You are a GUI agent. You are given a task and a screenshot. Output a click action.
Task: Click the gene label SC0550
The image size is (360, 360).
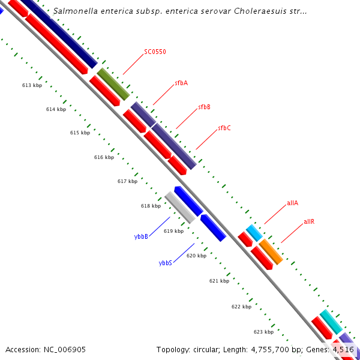pyautogui.click(x=155, y=52)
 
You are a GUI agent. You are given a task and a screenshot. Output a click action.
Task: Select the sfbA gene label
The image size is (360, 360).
pyautogui.click(x=181, y=83)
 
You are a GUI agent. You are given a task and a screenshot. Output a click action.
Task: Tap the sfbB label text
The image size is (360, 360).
pyautogui.click(x=204, y=107)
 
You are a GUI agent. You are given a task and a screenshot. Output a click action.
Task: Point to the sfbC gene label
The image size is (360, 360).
pyautogui.click(x=224, y=128)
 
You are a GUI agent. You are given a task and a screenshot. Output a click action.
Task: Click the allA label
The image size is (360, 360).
pyautogui.click(x=292, y=203)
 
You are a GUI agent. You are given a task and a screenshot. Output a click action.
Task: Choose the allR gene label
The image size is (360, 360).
pyautogui.click(x=309, y=221)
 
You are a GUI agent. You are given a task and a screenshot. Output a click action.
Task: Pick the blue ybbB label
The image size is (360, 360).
pyautogui.click(x=141, y=236)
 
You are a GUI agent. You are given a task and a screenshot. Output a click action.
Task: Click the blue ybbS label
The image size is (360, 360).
pyautogui.click(x=166, y=263)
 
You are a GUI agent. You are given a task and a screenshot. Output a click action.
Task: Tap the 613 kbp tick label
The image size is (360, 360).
pyautogui.click(x=32, y=85)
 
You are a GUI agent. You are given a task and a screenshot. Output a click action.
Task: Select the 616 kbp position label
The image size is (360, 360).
pyautogui.click(x=104, y=157)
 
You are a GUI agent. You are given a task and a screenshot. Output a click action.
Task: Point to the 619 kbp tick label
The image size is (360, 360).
pyautogui.click(x=173, y=231)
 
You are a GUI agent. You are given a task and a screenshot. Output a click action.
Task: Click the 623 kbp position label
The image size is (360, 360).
pyautogui.click(x=263, y=332)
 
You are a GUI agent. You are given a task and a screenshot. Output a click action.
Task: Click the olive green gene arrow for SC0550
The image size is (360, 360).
pyautogui.click(x=113, y=84)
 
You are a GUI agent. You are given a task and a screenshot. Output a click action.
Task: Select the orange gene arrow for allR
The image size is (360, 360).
pyautogui.click(x=271, y=251)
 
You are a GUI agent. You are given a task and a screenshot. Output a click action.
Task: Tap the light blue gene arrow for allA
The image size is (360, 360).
pyautogui.click(x=254, y=233)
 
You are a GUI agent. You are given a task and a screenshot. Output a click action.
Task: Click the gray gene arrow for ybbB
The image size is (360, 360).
pyautogui.click(x=180, y=208)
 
